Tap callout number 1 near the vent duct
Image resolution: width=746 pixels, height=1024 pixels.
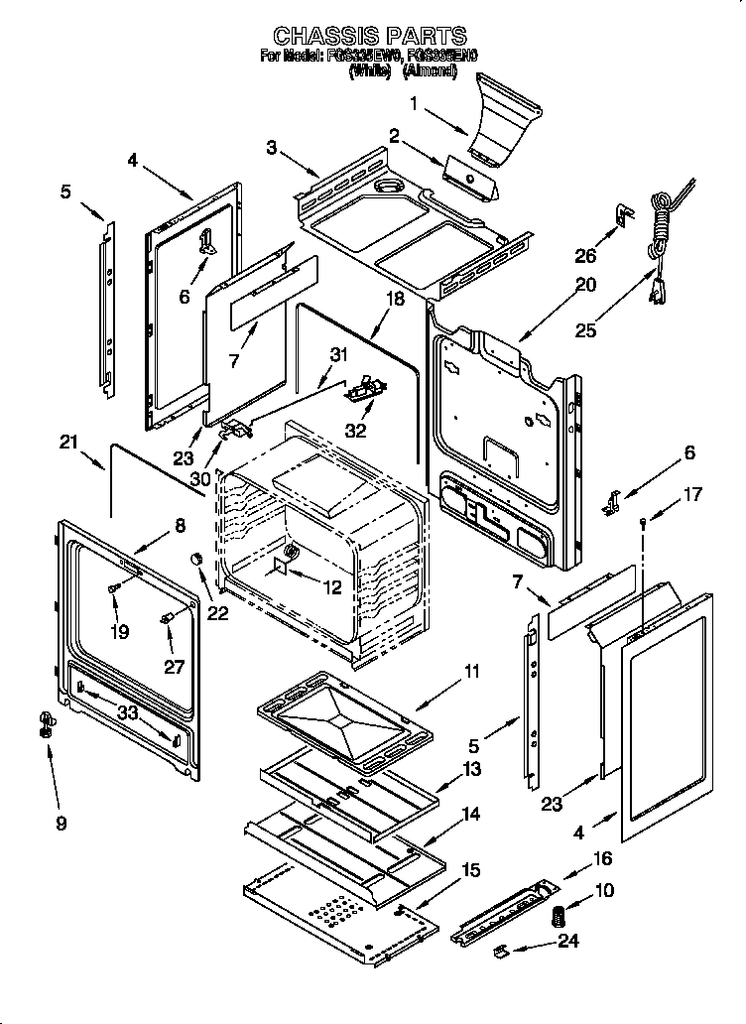pos(414,103)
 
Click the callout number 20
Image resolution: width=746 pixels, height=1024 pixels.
pos(585,285)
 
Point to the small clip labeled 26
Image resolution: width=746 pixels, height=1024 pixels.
pos(622,214)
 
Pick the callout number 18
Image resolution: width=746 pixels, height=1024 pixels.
pos(394,299)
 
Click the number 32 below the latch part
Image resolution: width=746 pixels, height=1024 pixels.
pos(354,431)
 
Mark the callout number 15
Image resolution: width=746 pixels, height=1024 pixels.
pos(470,870)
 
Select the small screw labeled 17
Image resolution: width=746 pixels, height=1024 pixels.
pos(644,521)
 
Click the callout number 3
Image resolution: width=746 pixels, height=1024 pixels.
pos(271,148)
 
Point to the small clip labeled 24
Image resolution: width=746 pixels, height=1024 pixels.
pos(502,952)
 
